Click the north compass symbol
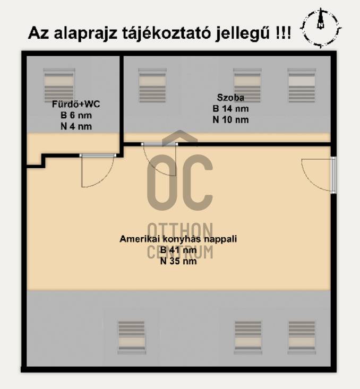pos(321,28)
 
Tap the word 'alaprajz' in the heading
pos(85,33)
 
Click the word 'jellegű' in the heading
pos(243,33)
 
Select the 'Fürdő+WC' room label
pos(76,104)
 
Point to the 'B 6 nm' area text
pos(76,115)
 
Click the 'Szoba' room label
pos(230,98)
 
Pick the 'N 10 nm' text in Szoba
pos(230,120)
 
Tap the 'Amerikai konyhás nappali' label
pos(178,239)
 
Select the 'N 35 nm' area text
pos(178,261)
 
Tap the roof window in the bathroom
pos(59,85)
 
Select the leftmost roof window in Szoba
pos(152,85)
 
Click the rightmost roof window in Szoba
pos(302,85)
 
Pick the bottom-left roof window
pos(131,338)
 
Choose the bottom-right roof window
pos(302,338)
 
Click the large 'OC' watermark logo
pos(180,183)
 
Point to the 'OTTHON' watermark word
pos(180,231)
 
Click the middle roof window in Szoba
pos(247,85)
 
